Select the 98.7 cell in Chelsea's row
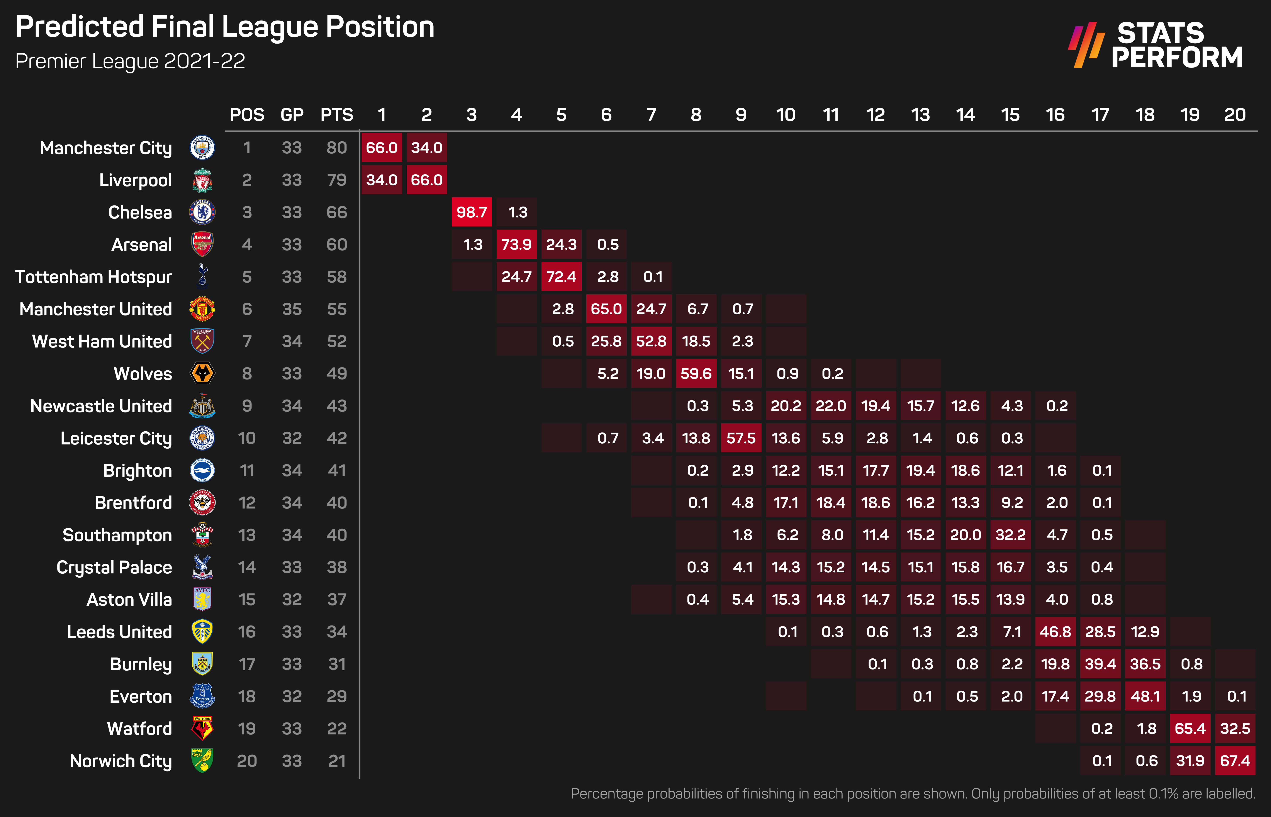point(472,212)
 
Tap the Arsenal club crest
point(202,245)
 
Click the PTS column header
point(337,115)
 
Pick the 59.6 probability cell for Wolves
point(696,373)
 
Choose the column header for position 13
point(920,115)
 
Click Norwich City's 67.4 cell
point(1235,761)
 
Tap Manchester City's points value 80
point(337,147)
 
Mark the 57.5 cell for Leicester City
point(741,438)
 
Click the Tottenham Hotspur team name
point(94,277)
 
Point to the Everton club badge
point(202,696)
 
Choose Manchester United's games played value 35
point(292,309)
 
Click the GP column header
point(292,115)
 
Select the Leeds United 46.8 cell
point(1055,632)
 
